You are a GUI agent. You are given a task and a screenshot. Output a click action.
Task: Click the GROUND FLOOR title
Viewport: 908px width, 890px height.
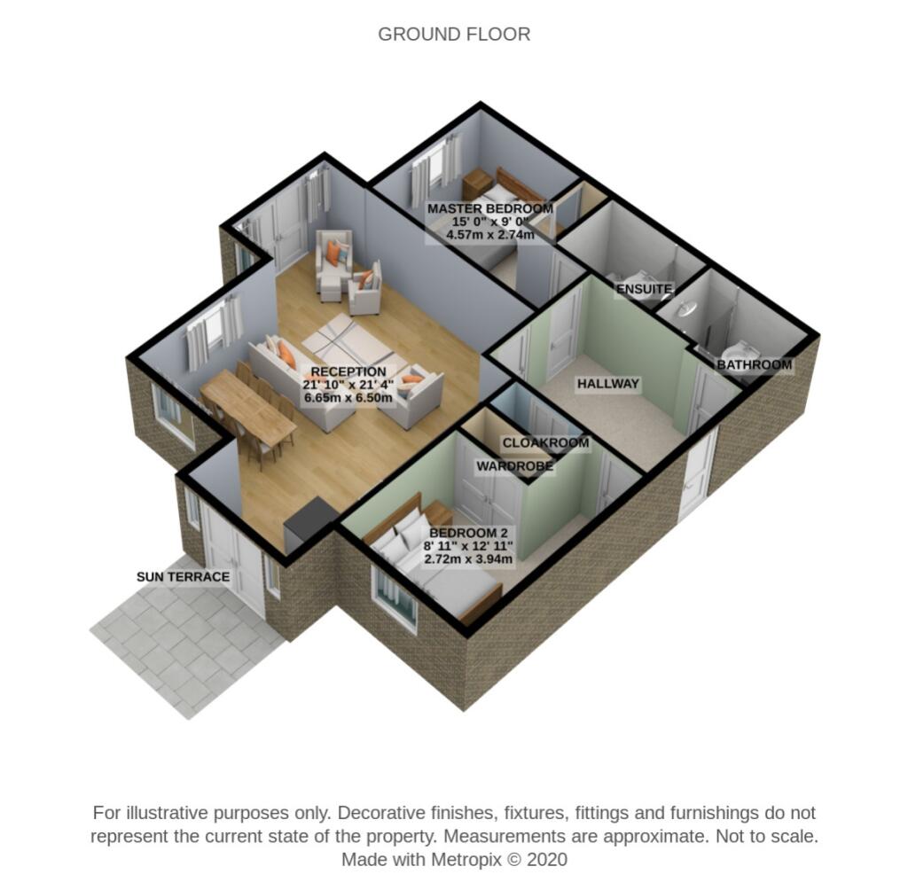454,35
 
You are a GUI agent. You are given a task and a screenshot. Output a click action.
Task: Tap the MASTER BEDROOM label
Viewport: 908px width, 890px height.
489,209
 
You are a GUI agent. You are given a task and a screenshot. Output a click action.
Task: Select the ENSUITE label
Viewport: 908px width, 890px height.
645,289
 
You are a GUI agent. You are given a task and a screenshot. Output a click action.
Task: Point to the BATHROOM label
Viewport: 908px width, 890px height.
754,364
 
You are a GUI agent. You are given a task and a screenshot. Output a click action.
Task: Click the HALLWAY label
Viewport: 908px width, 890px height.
607,384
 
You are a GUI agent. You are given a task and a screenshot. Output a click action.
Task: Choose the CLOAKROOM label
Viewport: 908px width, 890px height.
545,443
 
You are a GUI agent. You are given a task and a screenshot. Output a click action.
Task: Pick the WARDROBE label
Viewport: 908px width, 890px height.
514,465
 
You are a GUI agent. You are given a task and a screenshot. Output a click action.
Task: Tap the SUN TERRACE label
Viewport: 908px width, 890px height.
183,577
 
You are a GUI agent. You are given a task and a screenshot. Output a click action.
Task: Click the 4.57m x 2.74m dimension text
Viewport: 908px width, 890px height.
489,235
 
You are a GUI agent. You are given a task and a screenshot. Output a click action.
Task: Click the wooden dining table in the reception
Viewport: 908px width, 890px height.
247,412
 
